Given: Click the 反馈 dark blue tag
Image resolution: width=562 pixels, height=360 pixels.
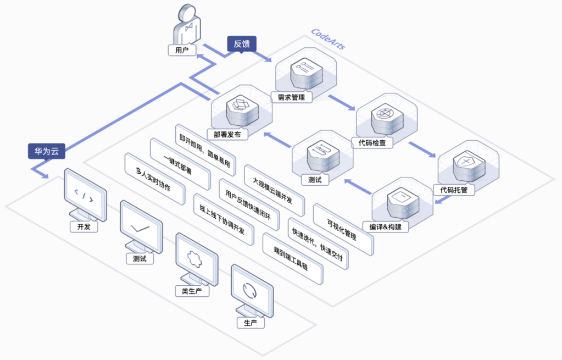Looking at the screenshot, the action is tap(242, 44).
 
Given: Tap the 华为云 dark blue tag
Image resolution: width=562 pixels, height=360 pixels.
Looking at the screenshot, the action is tap(47, 151).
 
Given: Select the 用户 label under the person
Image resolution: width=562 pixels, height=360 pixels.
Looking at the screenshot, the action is tap(182, 50).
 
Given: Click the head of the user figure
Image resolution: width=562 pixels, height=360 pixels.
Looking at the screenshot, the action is tap(188, 12).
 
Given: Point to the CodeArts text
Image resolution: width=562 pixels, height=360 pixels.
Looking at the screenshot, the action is tap(328, 38).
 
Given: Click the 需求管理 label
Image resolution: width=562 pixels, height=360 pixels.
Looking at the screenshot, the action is tap(291, 97).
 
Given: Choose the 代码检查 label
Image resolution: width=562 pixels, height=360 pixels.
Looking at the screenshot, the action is tap(372, 143).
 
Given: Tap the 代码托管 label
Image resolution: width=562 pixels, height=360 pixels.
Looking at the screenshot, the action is tap(454, 190).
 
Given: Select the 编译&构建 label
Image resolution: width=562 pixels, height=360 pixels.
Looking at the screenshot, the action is tap(385, 226).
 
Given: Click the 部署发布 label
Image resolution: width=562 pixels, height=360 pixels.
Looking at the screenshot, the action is tap(227, 135).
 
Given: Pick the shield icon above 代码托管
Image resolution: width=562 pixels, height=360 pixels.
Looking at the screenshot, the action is tap(466, 162).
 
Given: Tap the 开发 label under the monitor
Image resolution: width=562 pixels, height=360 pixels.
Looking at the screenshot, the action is tap(84, 226).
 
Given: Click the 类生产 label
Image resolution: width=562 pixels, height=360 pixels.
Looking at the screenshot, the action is tap(192, 291).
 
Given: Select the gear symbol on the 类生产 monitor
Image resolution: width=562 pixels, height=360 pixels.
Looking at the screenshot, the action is tap(194, 258).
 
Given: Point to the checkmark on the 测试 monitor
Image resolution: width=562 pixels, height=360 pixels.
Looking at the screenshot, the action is tap(140, 228).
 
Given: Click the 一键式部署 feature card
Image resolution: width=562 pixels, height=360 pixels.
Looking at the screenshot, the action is tap(180, 164).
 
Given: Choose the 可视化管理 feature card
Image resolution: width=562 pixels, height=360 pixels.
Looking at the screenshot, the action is tap(343, 230).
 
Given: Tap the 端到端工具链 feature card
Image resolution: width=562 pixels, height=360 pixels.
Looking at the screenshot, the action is tap(292, 258).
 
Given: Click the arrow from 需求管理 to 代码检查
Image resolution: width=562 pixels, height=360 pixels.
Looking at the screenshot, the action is tap(342, 103).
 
